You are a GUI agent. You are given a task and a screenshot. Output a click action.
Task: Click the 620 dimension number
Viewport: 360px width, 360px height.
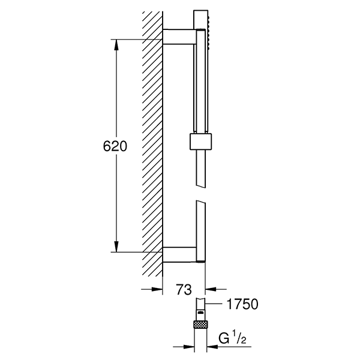point(115,146)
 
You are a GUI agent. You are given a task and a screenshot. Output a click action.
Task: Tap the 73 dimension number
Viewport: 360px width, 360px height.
point(184,290)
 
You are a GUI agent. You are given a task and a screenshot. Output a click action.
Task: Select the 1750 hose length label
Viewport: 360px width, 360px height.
point(242,304)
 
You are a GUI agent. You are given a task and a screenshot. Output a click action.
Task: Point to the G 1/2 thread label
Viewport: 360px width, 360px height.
point(232,338)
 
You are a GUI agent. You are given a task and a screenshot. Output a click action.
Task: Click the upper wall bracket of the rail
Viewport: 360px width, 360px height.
point(179,37)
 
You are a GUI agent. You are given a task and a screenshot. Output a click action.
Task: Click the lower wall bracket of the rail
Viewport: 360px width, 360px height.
point(179,254)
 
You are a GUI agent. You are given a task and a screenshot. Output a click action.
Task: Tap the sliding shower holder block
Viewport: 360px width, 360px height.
point(200,142)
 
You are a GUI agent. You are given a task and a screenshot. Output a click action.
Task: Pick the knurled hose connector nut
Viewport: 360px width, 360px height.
point(201,325)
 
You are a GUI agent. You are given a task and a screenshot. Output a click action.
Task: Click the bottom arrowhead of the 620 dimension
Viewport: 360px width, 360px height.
point(116,247)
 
